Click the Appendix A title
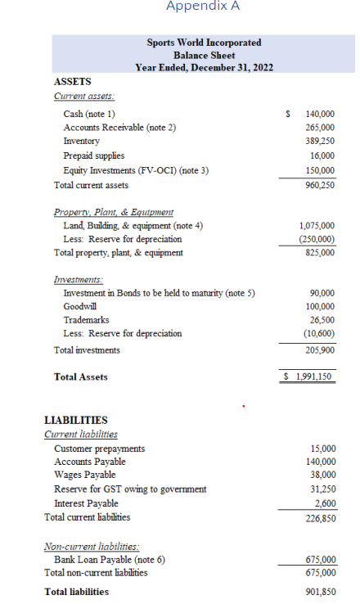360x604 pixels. pos(203,7)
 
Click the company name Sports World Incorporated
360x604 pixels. pos(204,42)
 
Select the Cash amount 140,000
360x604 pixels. pos(319,114)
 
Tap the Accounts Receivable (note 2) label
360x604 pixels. pos(119,127)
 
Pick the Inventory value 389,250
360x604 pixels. pos(319,141)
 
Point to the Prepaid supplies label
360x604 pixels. pos(94,155)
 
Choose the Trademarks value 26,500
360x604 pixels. pos(321,319)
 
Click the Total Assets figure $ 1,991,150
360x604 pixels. pos(307,376)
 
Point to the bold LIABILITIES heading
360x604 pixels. pos(75,419)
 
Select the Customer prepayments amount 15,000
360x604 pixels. pos(322,448)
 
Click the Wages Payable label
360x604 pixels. pos(84,475)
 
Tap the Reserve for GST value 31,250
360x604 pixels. pos(322,489)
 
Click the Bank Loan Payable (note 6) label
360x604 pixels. pos(109,560)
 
